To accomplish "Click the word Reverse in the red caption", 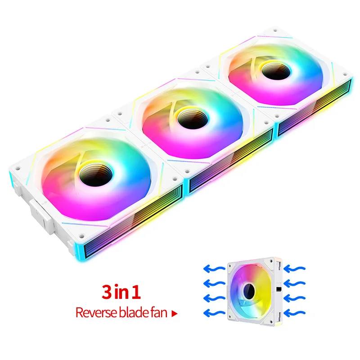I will coord(92,312).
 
